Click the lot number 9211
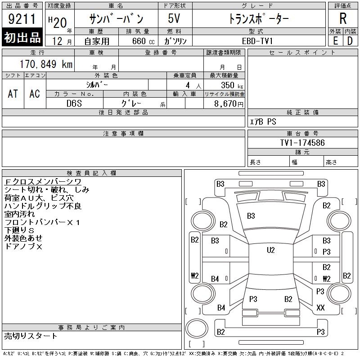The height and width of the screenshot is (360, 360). click(22, 19)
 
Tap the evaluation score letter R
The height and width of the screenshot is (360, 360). click(343, 18)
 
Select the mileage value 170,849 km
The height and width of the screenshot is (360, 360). click(46, 64)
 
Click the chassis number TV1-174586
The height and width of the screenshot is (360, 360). click(302, 143)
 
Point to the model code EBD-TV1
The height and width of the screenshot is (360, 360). click(257, 41)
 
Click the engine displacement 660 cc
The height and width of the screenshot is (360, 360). click(144, 41)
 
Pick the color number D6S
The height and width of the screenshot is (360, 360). click(74, 103)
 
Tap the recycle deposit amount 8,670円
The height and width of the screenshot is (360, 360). click(229, 103)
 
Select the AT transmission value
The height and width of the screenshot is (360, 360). click(13, 94)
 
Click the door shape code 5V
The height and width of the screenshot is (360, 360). click(174, 18)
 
